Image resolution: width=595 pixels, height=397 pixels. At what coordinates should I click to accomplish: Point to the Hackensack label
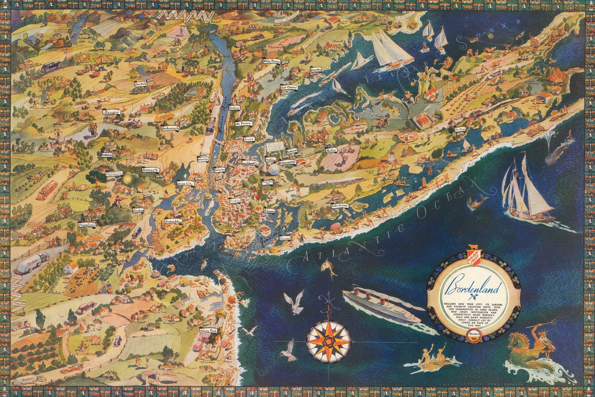[170, 128]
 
